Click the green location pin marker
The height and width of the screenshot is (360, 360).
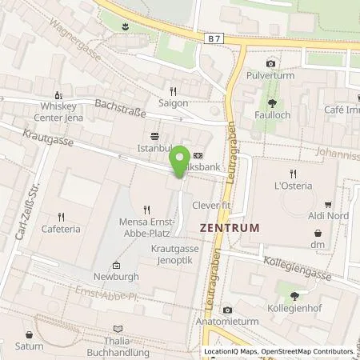pyautogui.click(x=181, y=160)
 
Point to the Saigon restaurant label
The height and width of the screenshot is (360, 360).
pyautogui.click(x=173, y=103)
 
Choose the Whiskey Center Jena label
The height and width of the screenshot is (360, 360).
pyautogui.click(x=58, y=112)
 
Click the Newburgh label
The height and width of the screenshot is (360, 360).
pyautogui.click(x=116, y=276)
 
